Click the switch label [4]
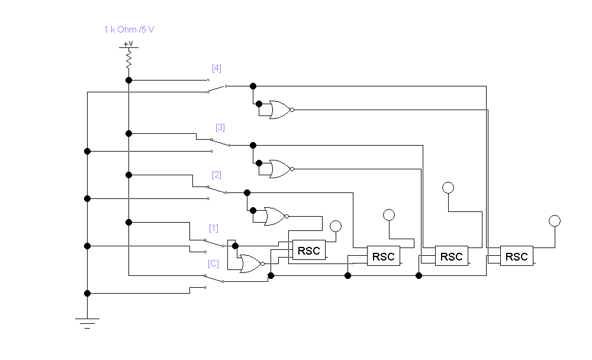tap(217, 68)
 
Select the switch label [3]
tap(220, 127)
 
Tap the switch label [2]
tap(217, 175)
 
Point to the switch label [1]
tap(214, 228)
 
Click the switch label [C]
tap(214, 263)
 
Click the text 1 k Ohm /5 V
tap(129, 30)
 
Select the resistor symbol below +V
tap(128, 59)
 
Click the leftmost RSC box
tap(309, 251)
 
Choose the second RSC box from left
tap(384, 256)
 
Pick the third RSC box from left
tap(452, 256)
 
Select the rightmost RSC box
tap(517, 256)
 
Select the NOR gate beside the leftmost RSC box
tap(251, 263)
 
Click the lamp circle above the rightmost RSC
tap(554, 221)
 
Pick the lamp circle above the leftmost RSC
tap(336, 226)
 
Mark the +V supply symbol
tap(128, 44)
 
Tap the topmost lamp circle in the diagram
tap(448, 188)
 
